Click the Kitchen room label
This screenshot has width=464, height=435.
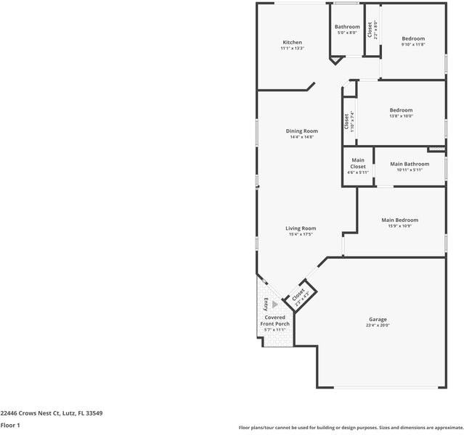coord(292,43)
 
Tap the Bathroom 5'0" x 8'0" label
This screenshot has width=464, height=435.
coord(347,27)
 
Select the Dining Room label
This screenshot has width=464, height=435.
coord(301,131)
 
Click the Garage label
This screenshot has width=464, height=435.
coord(378,320)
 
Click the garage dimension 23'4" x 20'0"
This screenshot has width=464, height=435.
coord(378,326)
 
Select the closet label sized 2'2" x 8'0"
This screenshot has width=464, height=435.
coord(372,30)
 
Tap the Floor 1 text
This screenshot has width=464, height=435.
coord(10,426)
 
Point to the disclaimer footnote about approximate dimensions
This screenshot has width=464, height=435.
coord(350,428)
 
